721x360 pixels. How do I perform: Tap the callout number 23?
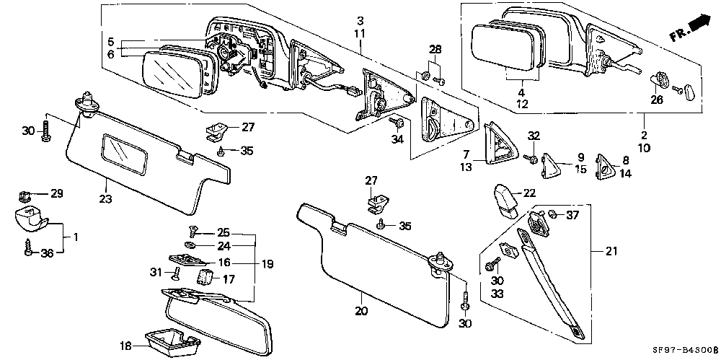point(106,199)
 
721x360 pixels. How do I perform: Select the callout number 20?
point(361,311)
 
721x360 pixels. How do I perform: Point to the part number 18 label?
point(124,346)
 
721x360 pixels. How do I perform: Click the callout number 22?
point(530,193)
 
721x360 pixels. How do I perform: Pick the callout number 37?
point(572,215)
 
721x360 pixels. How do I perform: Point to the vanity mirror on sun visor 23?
point(125,154)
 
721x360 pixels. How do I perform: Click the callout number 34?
point(397,139)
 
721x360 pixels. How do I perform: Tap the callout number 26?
point(657,100)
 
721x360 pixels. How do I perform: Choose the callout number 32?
point(533,136)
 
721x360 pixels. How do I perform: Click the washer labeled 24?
point(189,245)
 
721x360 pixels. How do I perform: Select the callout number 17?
point(229,279)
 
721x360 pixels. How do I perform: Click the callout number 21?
point(611,251)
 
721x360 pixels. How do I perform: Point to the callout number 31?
point(156,273)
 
